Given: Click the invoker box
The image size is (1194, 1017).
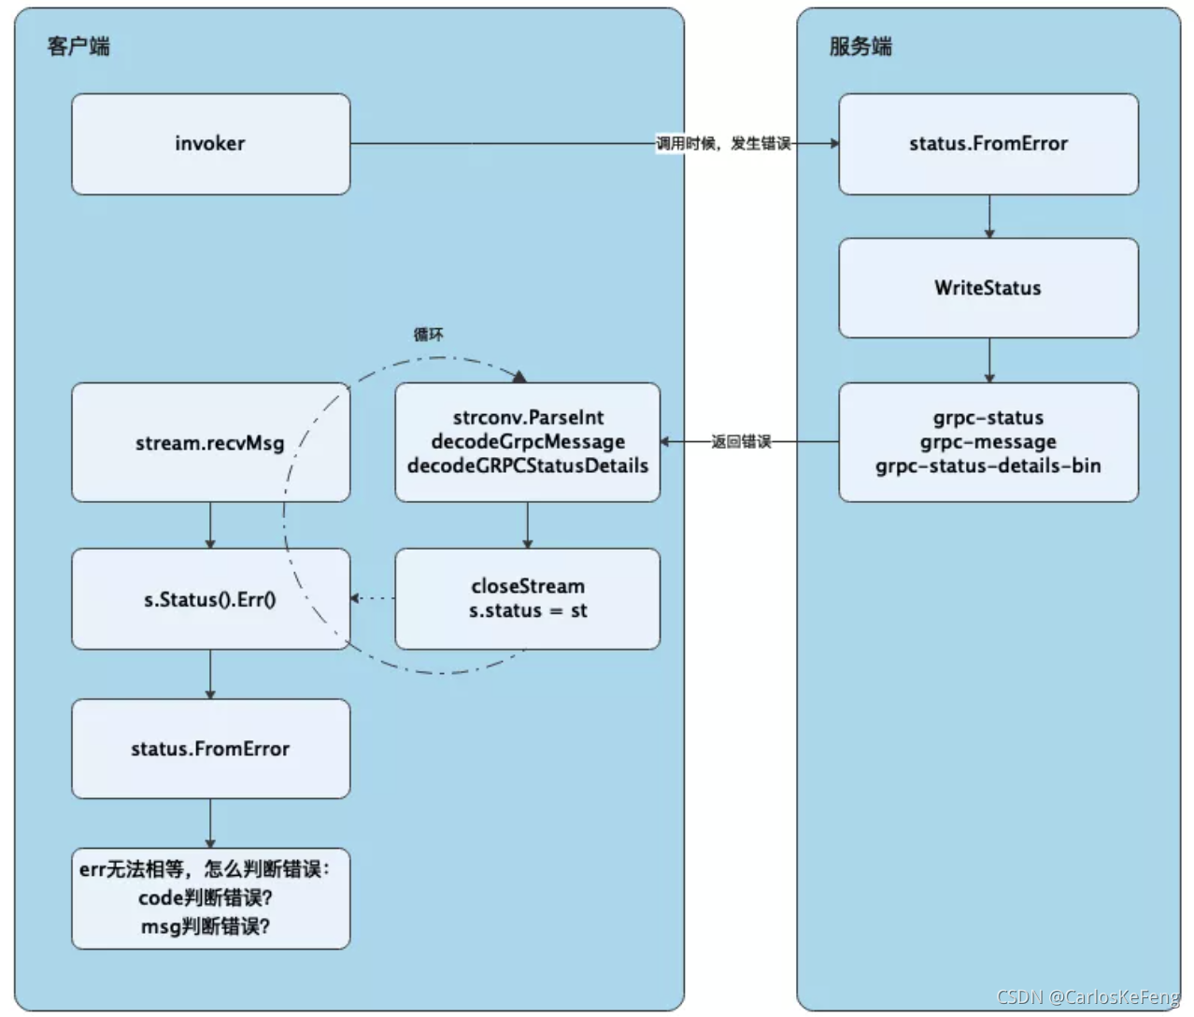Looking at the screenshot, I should [210, 144].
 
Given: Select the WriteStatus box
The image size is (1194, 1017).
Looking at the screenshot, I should [988, 288].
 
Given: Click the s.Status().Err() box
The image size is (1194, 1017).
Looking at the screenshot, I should [209, 599].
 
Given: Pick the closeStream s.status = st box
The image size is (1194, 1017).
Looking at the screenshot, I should [527, 598].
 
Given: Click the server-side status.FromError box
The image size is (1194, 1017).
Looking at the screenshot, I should [988, 144].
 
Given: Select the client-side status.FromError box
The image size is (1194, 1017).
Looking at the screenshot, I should [210, 749].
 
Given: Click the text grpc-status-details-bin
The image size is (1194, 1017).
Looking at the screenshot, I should [988, 466].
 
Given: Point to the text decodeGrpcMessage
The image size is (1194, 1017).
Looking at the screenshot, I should [527, 441].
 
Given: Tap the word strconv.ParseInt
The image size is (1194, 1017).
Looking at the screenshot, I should [527, 417].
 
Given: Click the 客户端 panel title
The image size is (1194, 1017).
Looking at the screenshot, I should [78, 46].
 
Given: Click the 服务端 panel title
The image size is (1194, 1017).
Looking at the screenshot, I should [860, 46].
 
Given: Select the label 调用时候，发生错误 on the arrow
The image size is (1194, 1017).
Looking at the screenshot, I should [723, 143].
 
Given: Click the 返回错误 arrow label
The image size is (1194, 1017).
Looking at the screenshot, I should [741, 441].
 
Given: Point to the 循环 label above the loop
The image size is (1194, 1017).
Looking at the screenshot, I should [428, 335].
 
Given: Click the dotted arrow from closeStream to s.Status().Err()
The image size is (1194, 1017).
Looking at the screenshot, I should [374, 598].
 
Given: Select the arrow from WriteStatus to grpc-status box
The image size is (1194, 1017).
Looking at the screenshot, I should [988, 360].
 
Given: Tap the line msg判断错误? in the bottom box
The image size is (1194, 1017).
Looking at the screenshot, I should [206, 926].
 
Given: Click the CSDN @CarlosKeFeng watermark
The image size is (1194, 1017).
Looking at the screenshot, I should [1087, 997].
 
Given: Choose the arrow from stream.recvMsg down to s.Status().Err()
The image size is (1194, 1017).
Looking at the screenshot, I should [210, 524].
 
